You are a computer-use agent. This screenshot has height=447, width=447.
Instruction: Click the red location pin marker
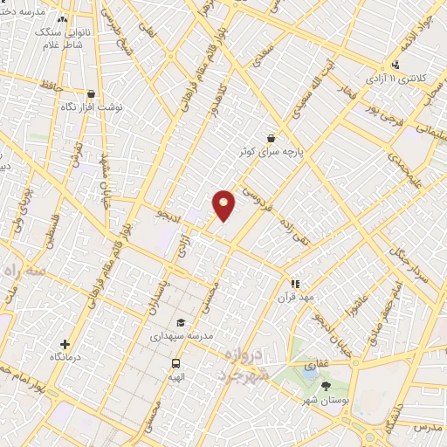[224, 204]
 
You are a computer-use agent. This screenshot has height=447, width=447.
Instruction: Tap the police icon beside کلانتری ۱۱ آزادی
[395, 64]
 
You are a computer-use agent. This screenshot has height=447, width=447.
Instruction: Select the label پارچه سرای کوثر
[276, 151]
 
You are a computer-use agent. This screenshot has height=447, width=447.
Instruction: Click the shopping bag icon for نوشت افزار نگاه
[91, 93]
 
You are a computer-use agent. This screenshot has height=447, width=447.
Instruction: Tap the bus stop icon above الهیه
[176, 363]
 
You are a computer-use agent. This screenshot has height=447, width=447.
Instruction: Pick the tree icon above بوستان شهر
[327, 385]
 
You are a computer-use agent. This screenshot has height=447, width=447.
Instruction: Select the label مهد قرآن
[294, 297]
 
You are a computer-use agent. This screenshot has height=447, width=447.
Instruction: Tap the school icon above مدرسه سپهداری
[180, 322]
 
